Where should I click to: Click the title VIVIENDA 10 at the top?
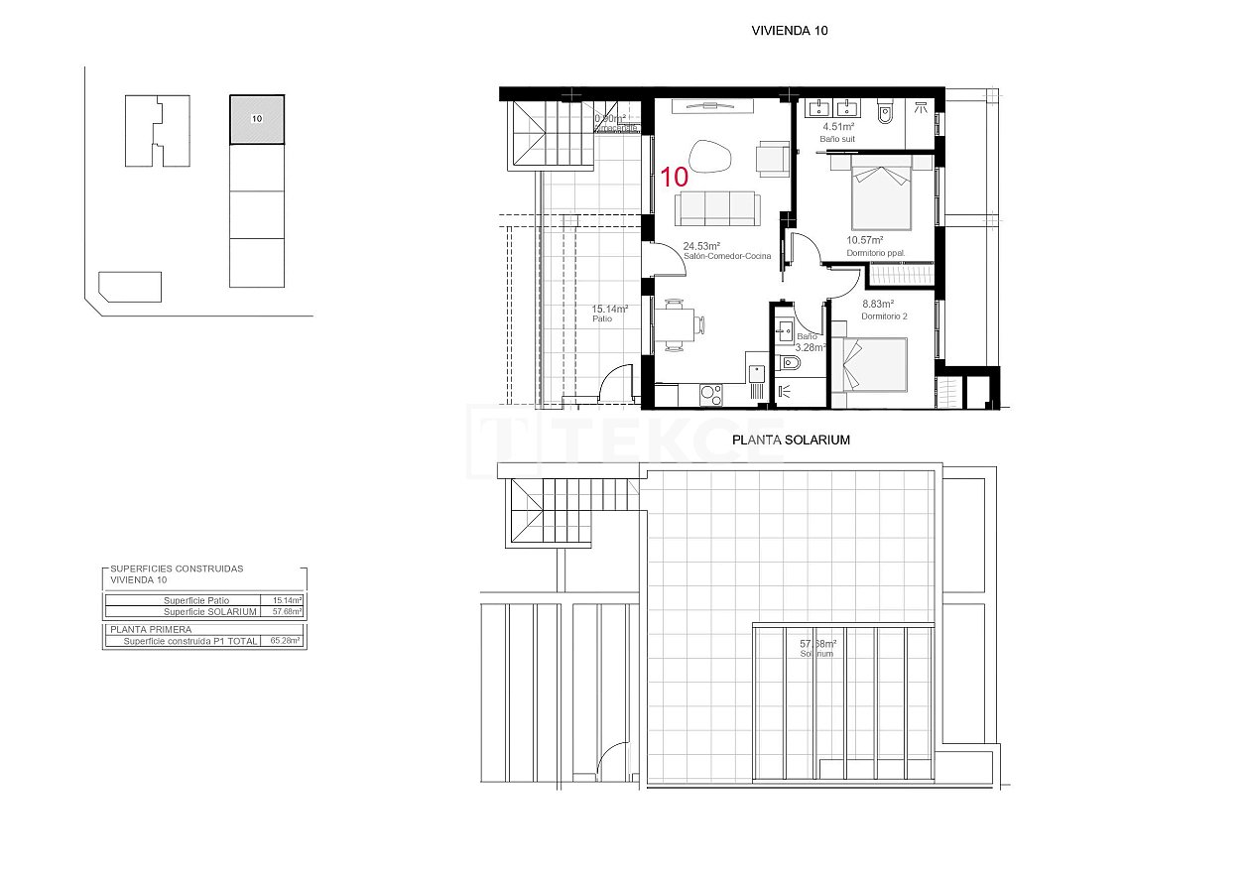790,31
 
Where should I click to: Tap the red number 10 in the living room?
675,178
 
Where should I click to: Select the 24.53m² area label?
700,246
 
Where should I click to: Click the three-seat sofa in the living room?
716,207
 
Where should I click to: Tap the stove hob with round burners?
711,395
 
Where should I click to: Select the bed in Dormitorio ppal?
881,194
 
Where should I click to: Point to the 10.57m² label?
864,240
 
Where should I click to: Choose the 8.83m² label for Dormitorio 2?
877,305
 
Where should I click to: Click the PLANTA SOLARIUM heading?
790,440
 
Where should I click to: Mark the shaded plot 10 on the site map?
257,119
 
